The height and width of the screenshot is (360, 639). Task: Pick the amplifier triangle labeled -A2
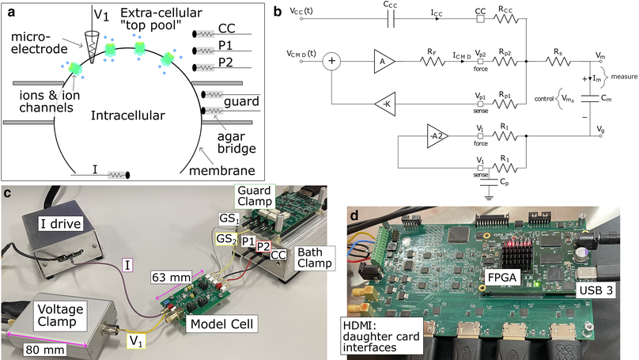click(x=437, y=135)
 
